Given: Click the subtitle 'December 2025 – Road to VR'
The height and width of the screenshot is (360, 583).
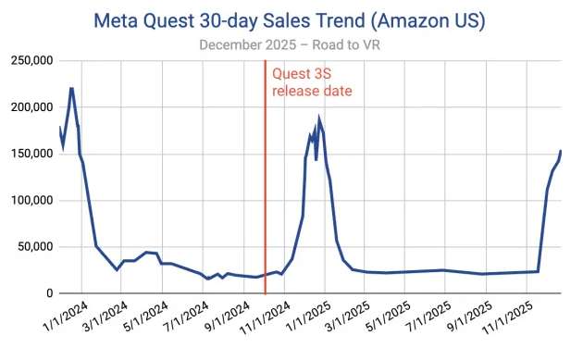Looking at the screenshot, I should coord(291,43).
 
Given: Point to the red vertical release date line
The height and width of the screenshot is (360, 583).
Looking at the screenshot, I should coord(266,185).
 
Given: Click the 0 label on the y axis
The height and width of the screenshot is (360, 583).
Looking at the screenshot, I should coord(48,293).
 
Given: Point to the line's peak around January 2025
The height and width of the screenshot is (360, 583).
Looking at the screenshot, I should coord(319,118).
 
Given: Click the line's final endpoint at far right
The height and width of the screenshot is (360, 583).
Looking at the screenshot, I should coord(561,151).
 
